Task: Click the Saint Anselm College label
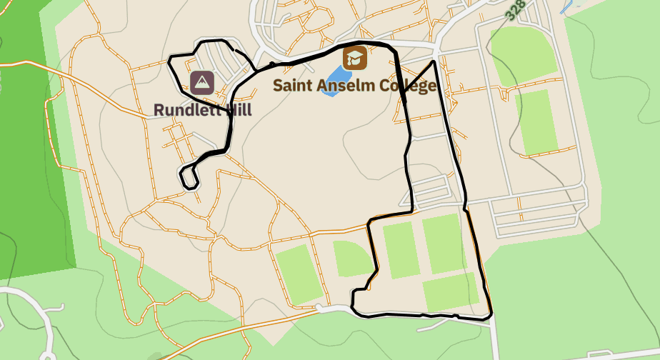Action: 354,86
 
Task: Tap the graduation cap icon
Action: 355,58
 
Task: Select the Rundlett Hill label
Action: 203,109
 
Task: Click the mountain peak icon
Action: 202,83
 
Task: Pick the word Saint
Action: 293,86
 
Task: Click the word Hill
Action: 237,109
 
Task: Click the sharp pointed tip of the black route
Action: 434,62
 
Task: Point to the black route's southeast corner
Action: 490,315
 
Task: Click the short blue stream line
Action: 568,7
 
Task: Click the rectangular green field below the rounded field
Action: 538,121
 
